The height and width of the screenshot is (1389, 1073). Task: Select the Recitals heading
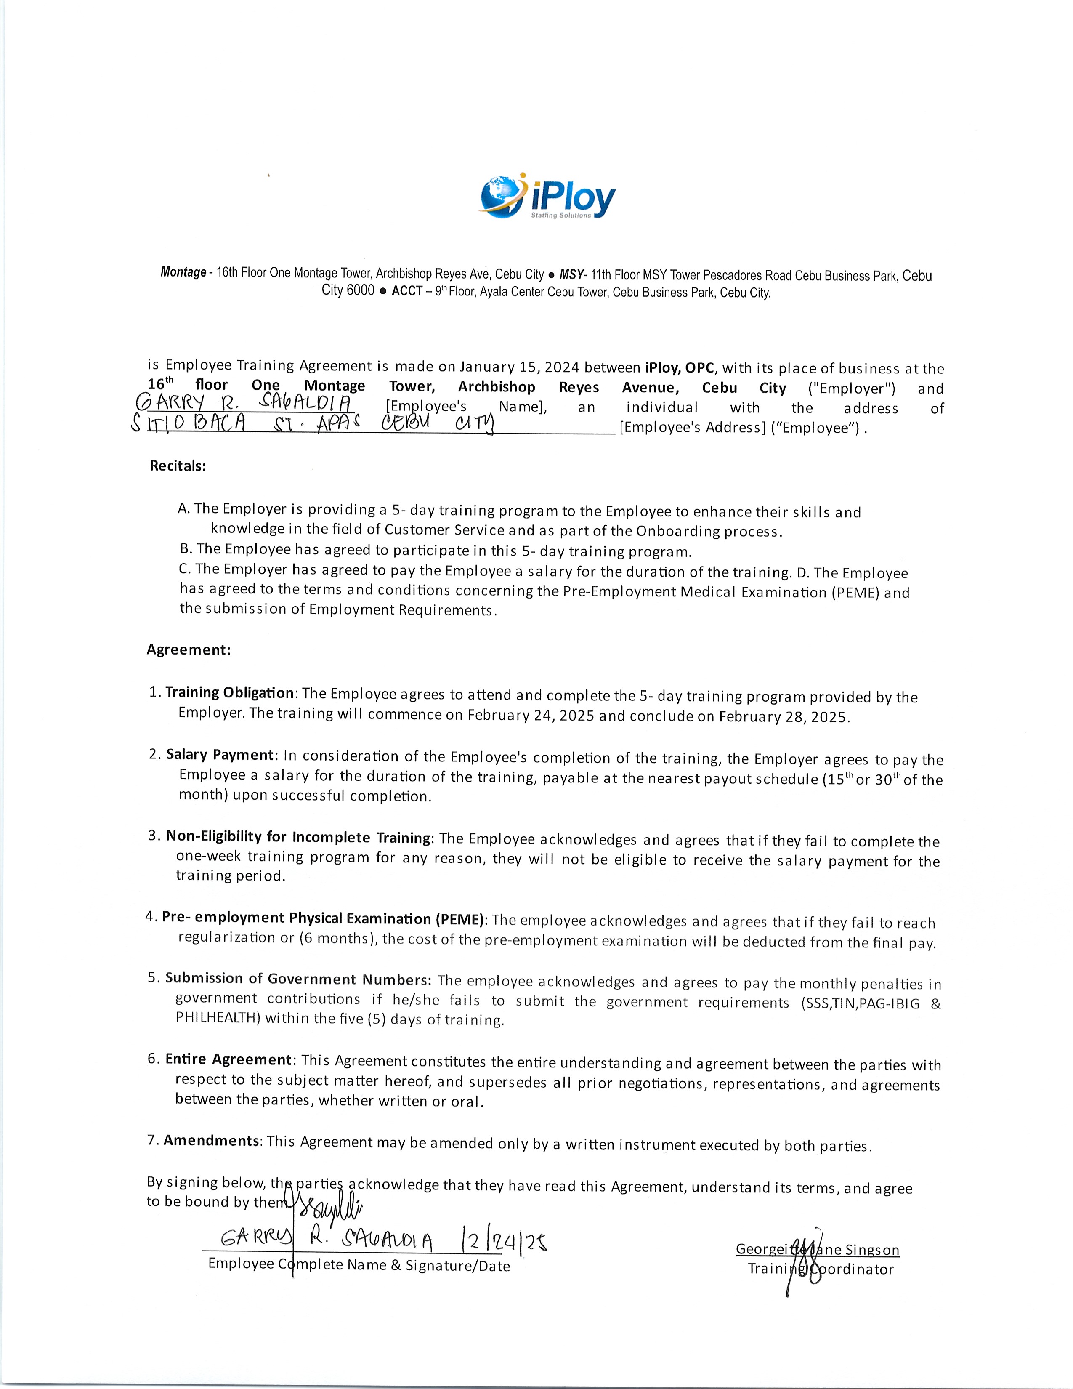(x=178, y=466)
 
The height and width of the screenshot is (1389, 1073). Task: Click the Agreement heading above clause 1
(x=189, y=649)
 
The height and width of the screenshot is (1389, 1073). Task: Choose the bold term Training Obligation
(x=229, y=692)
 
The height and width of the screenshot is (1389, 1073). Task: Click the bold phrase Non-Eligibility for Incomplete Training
(x=298, y=837)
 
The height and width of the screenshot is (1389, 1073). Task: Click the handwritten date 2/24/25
(x=502, y=1241)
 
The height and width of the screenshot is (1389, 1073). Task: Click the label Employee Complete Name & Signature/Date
(x=359, y=1265)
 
